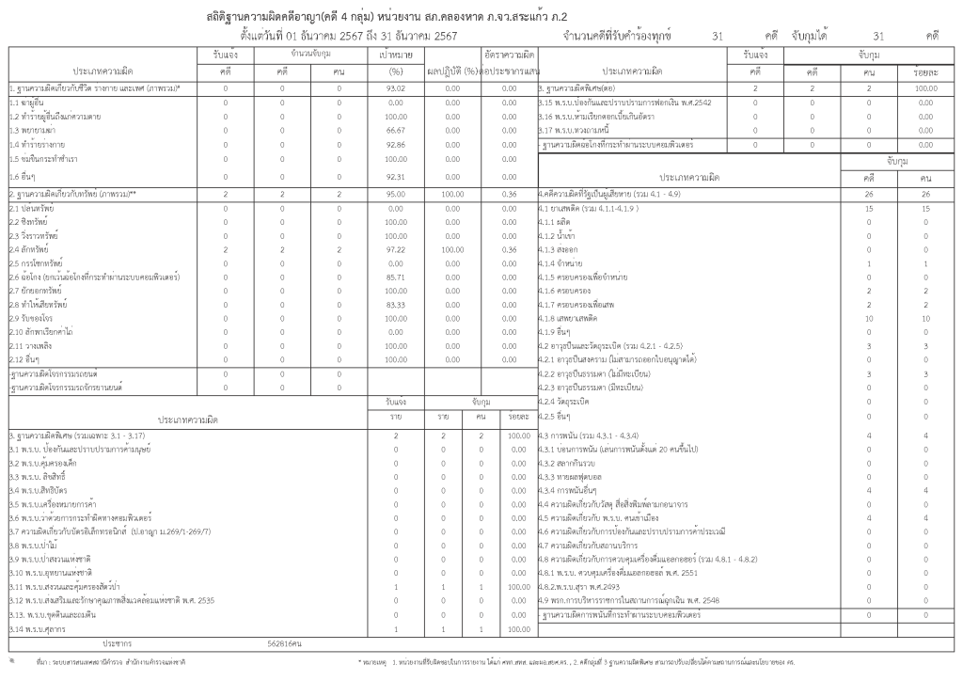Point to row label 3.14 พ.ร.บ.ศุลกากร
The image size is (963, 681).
tap(38, 628)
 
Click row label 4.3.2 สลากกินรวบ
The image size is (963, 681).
tap(570, 464)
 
